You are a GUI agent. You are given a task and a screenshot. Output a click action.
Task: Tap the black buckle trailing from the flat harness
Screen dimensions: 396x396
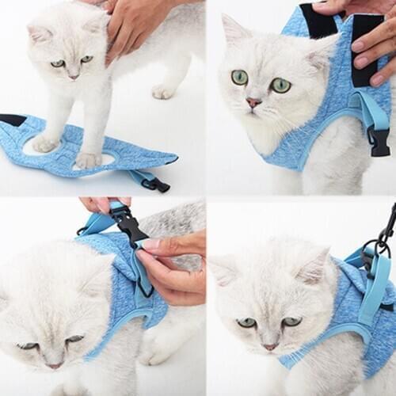156,185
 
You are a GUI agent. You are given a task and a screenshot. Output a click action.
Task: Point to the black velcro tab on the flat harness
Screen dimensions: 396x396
12,120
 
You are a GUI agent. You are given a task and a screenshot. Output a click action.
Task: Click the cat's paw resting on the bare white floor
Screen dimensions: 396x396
163,92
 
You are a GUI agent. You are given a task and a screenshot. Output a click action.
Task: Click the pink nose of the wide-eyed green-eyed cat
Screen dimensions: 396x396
253,102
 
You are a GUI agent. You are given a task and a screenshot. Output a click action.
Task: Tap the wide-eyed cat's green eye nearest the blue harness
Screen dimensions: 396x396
280,84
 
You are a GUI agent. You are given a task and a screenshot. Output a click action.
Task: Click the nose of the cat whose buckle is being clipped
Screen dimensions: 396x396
55,365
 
